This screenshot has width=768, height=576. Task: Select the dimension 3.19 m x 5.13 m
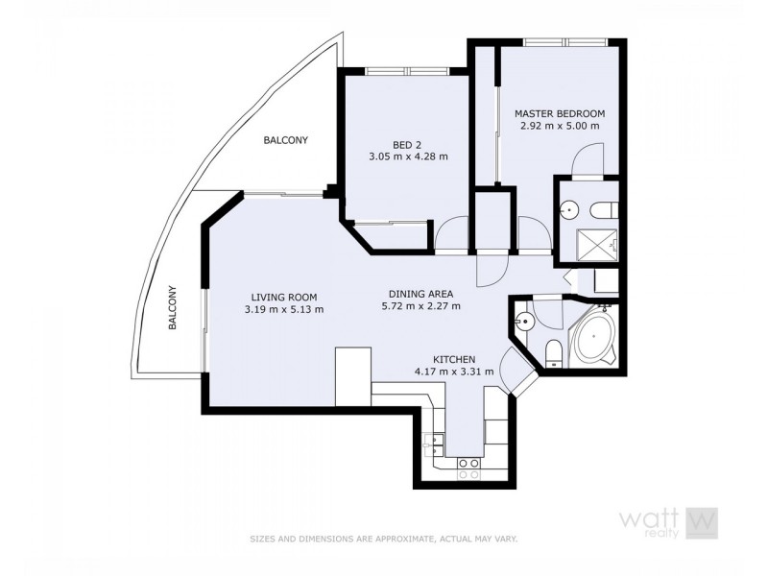coord(283,309)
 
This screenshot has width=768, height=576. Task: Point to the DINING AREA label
coord(420,294)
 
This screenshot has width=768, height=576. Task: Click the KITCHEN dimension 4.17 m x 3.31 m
coord(454,371)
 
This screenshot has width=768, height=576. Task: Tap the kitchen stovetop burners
coord(467,468)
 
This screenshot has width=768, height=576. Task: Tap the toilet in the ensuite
coord(605,209)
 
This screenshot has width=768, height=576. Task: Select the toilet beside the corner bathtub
coord(553,351)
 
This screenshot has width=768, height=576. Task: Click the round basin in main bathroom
coord(523,321)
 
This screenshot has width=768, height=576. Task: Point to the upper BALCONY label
coord(286,140)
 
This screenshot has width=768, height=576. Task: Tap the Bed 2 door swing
coord(450,233)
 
